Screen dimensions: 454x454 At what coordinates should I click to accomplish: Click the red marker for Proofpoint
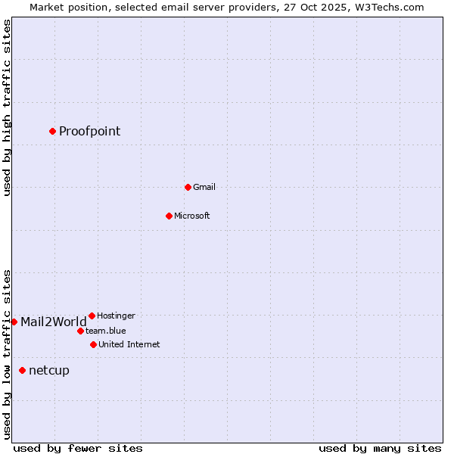52,131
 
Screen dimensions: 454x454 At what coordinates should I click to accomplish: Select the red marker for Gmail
188,187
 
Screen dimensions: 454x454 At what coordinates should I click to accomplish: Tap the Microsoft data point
169,216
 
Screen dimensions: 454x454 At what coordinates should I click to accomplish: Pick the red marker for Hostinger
92,316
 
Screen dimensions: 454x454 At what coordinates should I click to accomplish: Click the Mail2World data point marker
14,322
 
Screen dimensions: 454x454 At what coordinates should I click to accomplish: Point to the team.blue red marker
80,331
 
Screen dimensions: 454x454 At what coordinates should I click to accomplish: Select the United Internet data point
93,344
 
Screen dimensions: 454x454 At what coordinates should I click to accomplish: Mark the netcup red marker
22,370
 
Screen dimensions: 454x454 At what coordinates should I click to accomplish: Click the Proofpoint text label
89,132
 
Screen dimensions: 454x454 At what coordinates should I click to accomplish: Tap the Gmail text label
204,188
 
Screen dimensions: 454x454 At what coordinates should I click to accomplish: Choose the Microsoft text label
191,216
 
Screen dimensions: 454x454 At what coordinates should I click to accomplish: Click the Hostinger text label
116,316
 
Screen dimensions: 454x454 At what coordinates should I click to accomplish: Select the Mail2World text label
53,322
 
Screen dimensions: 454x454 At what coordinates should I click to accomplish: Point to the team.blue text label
105,331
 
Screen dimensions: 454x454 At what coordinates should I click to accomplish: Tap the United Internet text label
129,344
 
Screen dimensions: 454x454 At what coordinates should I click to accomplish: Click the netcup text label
48,371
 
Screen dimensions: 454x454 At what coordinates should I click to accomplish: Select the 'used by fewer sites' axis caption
78,448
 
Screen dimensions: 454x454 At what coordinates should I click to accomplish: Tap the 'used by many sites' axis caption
380,448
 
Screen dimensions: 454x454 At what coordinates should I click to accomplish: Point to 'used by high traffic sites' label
7,107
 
